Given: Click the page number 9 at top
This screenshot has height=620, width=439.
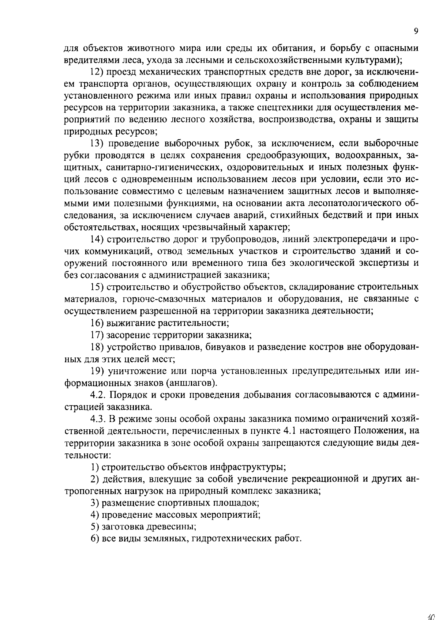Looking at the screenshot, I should pos(416,32).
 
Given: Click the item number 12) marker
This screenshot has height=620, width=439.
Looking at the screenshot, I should pos(97,72).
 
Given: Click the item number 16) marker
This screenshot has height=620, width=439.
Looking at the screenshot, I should pos(97,323).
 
